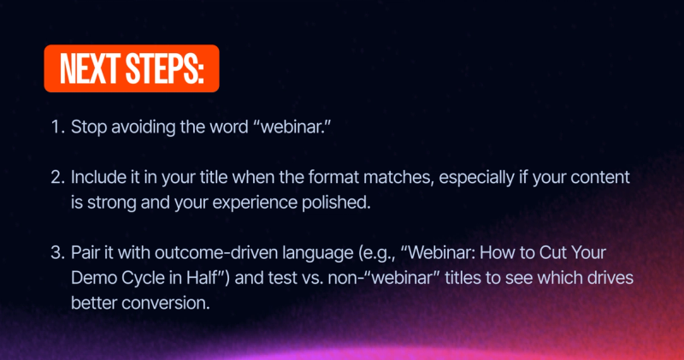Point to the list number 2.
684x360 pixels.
coord(57,180)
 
